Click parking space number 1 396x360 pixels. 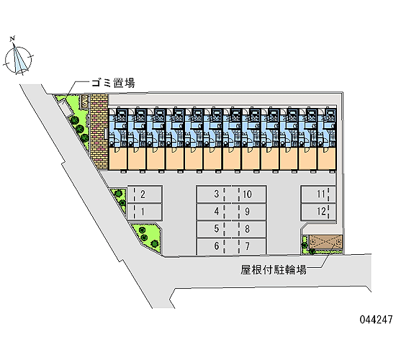click(145, 212)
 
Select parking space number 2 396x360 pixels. click(145, 194)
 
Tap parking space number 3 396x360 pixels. click(214, 194)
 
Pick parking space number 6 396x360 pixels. click(214, 246)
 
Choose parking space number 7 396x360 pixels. click(249, 246)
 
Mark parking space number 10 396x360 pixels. click(249, 194)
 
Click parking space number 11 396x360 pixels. click(318, 194)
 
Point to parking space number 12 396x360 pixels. click(318, 212)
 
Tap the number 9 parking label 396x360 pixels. click(248, 212)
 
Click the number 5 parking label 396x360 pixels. click(217, 229)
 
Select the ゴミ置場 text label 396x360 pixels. click(113, 83)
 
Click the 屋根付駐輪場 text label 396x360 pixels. click(274, 270)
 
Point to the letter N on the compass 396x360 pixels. click(12, 39)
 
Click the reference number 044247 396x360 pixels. click(377, 320)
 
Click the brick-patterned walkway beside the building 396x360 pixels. click(99, 132)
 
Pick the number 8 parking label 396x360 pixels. click(248, 229)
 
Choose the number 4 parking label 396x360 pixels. click(217, 212)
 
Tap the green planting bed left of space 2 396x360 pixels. click(120, 197)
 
